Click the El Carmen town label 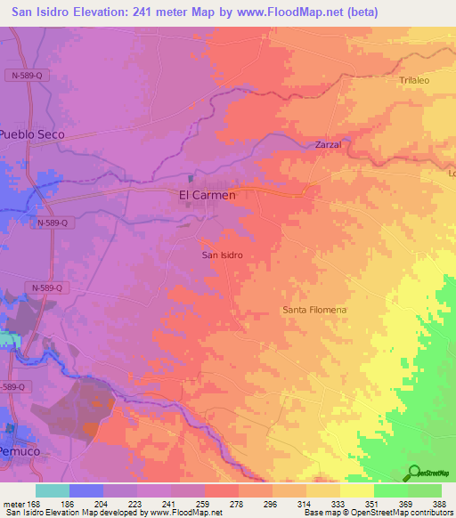208,195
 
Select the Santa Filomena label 314,310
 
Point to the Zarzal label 328,144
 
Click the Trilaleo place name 414,80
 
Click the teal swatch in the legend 53,490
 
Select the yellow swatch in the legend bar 356,490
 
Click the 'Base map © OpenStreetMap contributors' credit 378,513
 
